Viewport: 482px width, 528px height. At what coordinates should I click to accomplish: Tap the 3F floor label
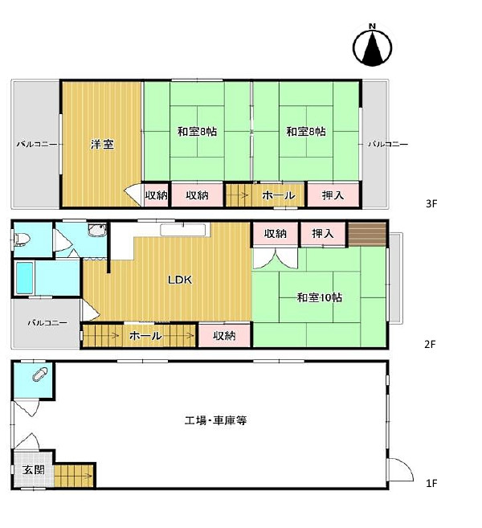(431, 204)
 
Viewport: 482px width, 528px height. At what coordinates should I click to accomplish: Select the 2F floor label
(431, 345)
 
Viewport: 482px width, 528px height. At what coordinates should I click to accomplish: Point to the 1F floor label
(431, 483)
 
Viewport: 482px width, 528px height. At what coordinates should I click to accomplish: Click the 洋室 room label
(101, 145)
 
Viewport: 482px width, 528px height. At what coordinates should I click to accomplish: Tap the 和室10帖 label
(319, 297)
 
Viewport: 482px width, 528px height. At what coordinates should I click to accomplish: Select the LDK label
(179, 280)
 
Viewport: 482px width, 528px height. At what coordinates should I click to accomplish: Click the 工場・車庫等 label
(214, 420)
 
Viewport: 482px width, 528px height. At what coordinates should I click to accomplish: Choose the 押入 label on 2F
(323, 234)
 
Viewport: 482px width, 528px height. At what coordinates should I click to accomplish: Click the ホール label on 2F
(145, 335)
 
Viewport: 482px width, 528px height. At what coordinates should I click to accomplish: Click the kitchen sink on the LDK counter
(184, 230)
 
